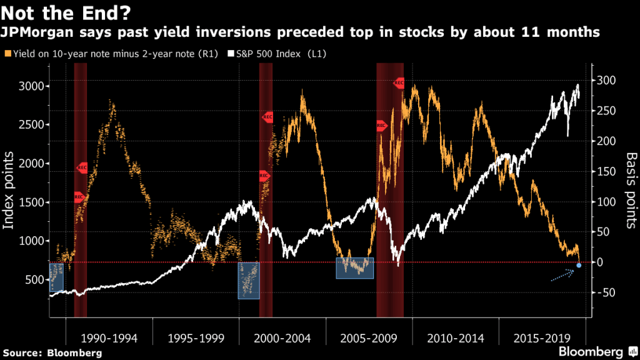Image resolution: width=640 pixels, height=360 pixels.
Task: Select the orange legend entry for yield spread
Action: [112, 54]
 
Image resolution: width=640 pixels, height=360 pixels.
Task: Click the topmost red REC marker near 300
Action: [399, 82]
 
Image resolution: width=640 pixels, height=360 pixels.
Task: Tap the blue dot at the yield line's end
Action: [579, 266]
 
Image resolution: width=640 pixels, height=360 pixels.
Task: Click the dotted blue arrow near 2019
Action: [562, 275]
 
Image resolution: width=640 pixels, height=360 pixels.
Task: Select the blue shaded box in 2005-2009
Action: [354, 267]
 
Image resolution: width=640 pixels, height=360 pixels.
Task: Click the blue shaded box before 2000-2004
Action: [248, 280]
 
